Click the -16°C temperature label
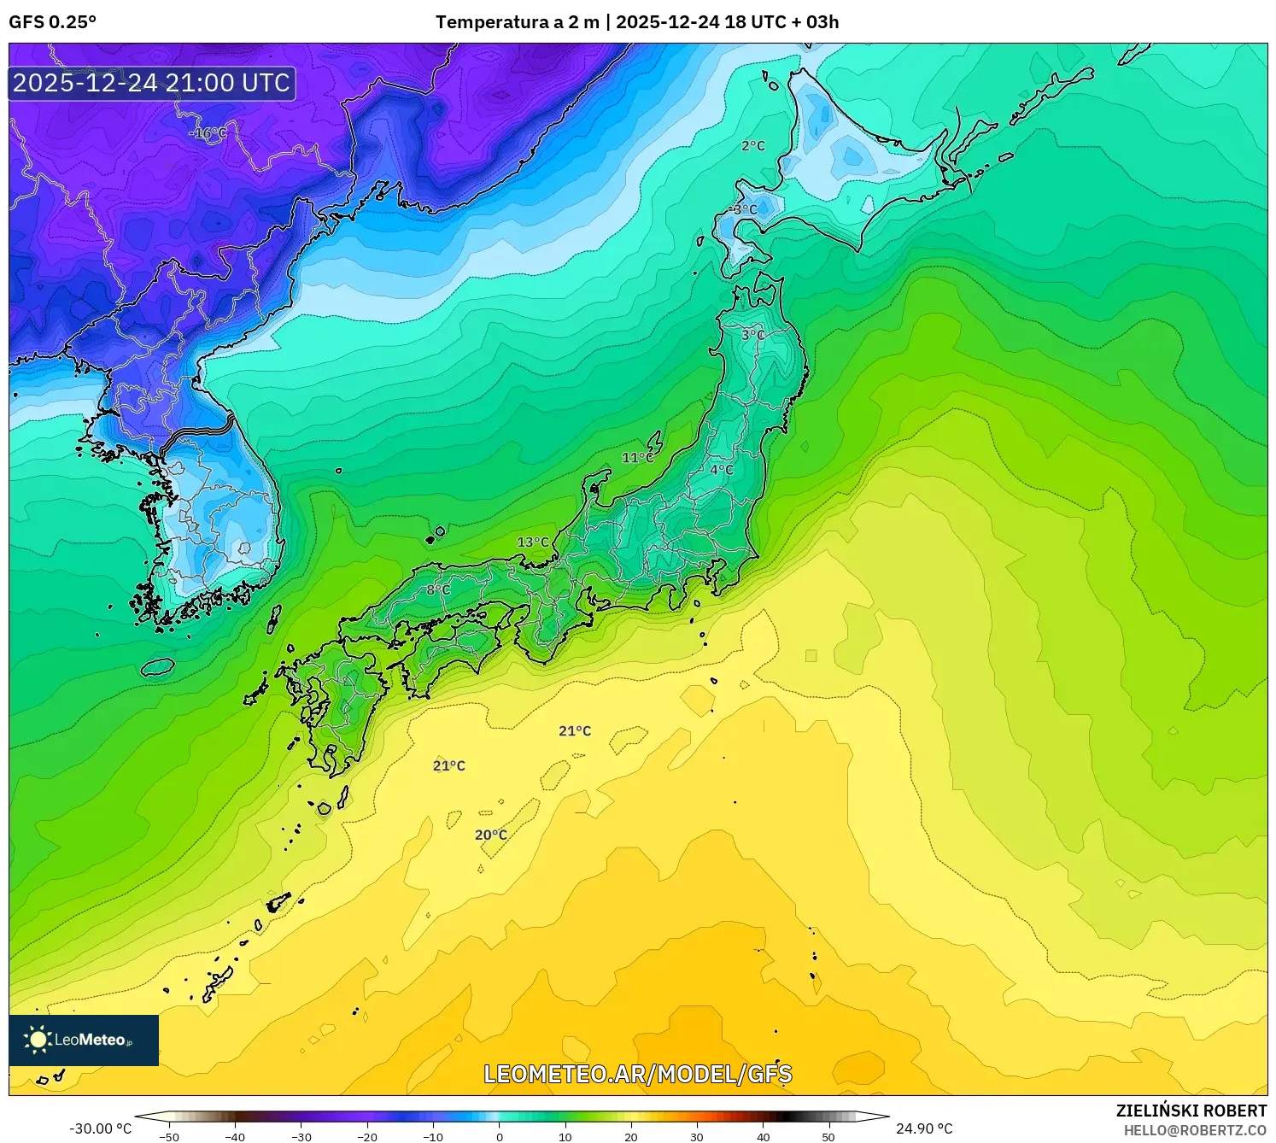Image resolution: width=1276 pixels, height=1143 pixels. (x=208, y=133)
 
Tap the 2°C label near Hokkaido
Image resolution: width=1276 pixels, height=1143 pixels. (x=753, y=146)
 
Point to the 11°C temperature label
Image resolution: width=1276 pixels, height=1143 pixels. (x=637, y=458)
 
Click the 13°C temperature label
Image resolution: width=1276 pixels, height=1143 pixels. (x=533, y=542)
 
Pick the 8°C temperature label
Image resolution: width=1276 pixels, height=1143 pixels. (x=438, y=589)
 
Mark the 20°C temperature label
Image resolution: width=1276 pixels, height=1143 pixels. (x=491, y=835)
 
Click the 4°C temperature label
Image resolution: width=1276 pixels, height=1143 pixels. (x=722, y=469)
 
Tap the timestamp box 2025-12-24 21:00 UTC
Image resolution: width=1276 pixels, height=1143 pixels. (x=152, y=83)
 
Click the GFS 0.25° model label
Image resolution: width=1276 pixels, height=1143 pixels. (x=53, y=22)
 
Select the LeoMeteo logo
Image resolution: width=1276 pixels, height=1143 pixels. (x=84, y=1040)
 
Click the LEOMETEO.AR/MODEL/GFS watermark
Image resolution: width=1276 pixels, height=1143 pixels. (x=638, y=1074)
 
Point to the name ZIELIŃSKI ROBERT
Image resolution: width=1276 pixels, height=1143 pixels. (x=1191, y=1111)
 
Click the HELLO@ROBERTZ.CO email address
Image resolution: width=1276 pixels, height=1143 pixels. (x=1195, y=1130)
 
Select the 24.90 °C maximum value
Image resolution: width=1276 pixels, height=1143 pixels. (x=924, y=1128)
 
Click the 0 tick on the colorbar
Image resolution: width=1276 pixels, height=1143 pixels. (x=500, y=1137)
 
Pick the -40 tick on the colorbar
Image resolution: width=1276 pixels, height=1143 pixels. (x=235, y=1137)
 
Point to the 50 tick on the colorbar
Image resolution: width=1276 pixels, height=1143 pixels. (x=828, y=1137)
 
